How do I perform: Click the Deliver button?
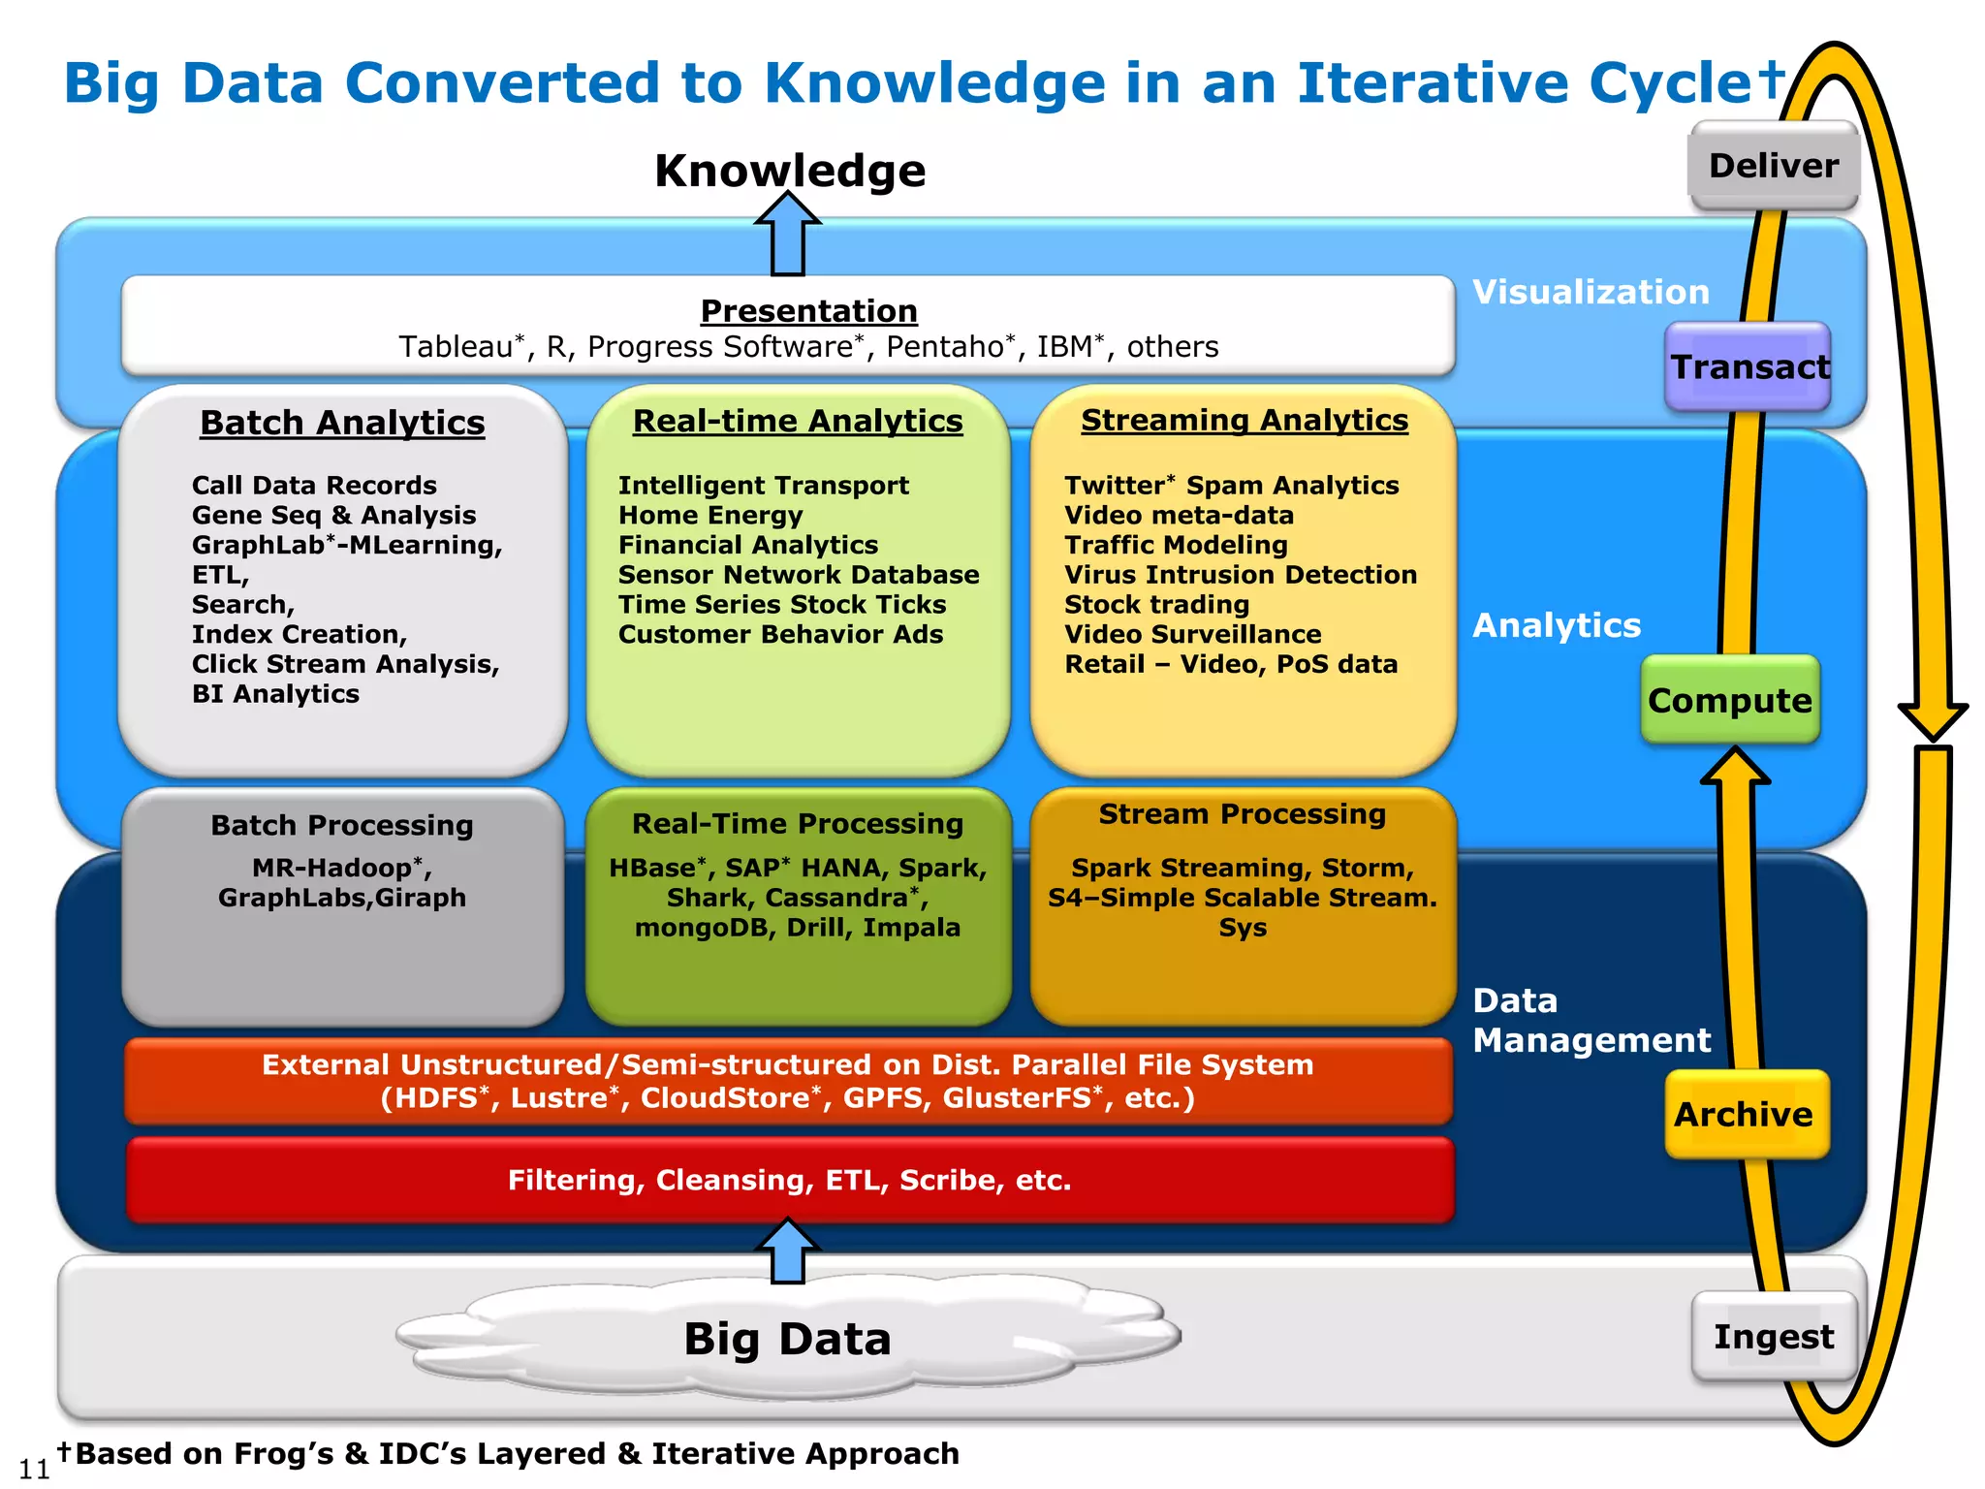point(1773,166)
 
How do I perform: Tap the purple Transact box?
point(1748,366)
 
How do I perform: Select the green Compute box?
point(1730,700)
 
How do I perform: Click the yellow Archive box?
point(1746,1114)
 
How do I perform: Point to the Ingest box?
point(1773,1337)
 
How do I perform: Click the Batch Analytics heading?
point(342,423)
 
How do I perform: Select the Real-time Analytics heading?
point(798,421)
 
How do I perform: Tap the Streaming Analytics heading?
point(1245,420)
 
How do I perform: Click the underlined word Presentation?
point(808,310)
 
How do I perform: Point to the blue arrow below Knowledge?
point(788,235)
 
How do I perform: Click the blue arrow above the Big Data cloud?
point(787,1251)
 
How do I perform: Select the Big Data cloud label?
point(787,1339)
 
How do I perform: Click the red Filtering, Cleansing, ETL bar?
point(789,1180)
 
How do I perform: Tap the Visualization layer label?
point(1591,292)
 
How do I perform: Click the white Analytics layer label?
point(1557,625)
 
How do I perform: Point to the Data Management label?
point(1591,1020)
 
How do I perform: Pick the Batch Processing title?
point(342,825)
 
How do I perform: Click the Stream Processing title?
point(1243,814)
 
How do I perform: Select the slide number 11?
point(34,1469)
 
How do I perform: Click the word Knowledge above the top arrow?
point(790,171)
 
